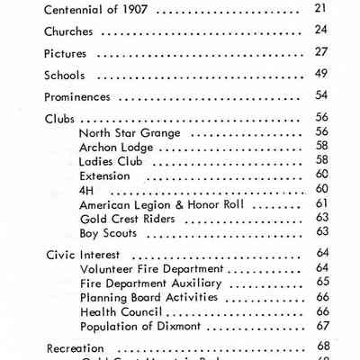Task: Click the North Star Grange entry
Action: click(130, 132)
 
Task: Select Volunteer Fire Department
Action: click(151, 268)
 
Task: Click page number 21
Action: click(320, 9)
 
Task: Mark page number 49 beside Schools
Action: click(320, 76)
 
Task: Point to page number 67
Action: click(320, 326)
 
